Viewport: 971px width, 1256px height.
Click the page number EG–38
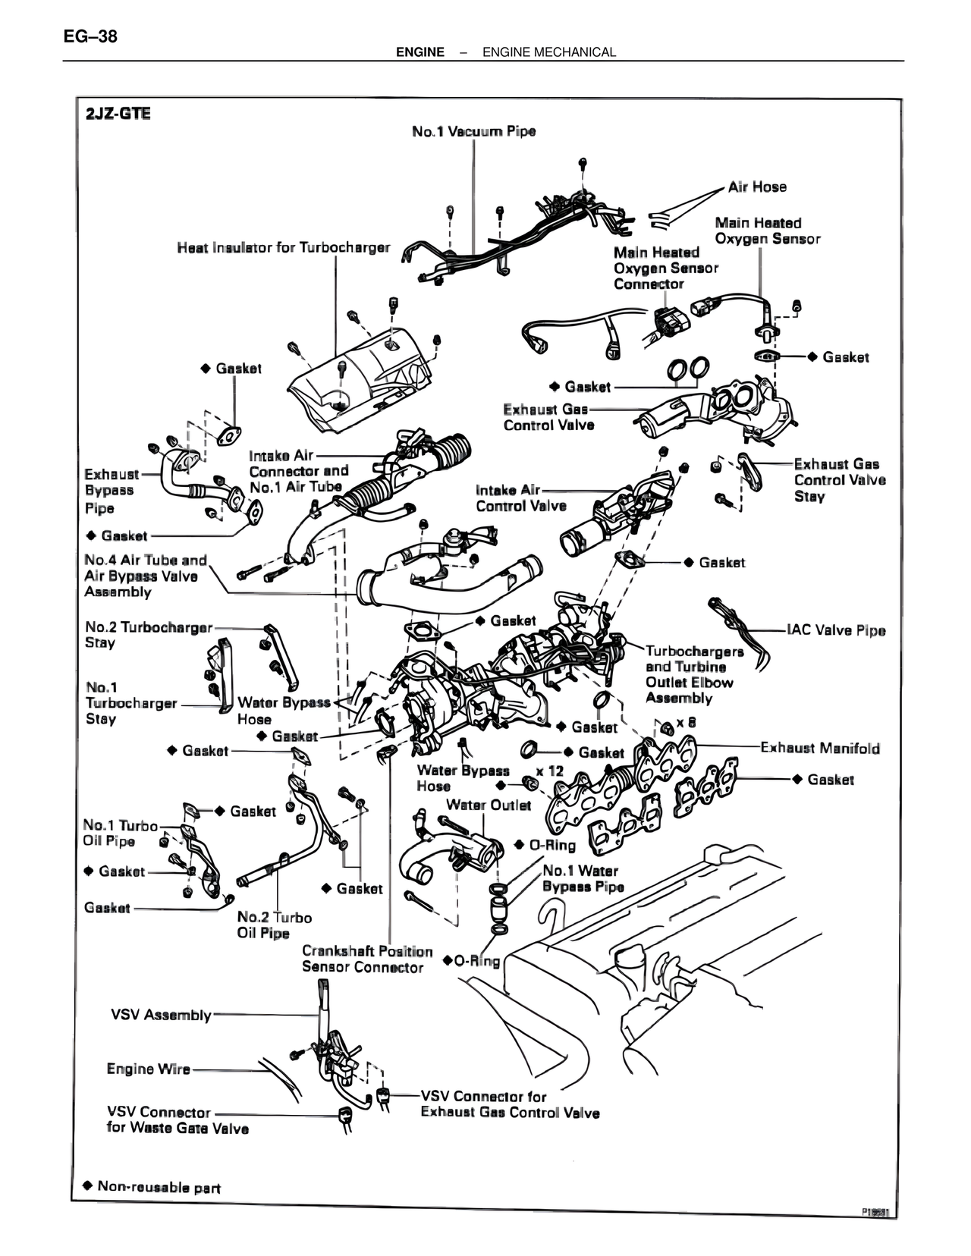point(91,36)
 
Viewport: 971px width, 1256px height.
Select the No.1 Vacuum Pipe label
point(473,131)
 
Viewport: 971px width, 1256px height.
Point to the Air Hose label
point(757,187)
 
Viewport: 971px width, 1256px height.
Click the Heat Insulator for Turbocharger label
point(283,247)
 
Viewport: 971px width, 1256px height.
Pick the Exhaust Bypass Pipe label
point(112,491)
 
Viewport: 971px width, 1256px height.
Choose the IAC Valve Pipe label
point(836,630)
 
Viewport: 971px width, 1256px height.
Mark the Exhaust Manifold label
point(820,749)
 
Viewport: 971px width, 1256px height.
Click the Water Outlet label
point(488,805)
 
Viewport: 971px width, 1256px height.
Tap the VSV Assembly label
point(161,1015)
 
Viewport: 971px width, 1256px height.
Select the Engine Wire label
point(149,1069)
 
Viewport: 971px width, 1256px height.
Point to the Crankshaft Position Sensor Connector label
point(367,959)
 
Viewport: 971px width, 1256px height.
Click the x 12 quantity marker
point(549,771)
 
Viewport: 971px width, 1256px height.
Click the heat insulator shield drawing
point(360,379)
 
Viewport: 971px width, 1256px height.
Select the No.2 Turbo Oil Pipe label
point(274,925)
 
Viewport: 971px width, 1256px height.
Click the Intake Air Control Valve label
point(521,498)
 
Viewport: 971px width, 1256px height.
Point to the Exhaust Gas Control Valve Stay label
point(840,480)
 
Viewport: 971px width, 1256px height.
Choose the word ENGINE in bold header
point(420,52)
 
